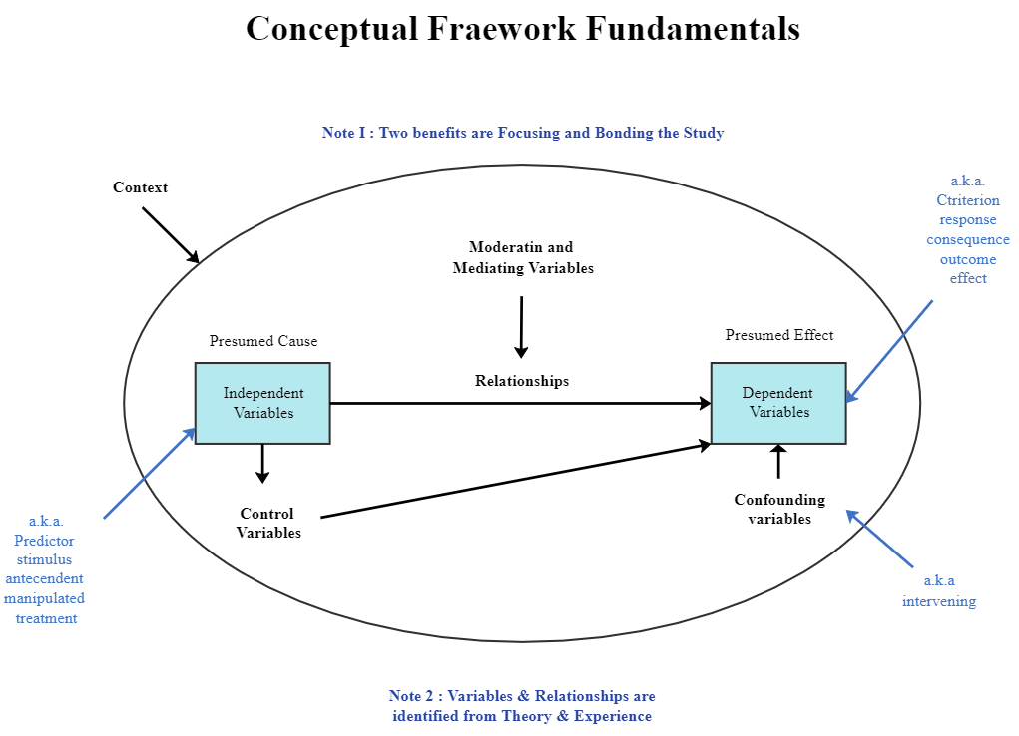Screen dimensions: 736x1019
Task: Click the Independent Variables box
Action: (262, 403)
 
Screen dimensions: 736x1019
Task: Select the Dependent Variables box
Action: (778, 403)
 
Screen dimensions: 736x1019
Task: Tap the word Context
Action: (140, 187)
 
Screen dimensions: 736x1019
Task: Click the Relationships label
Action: (522, 381)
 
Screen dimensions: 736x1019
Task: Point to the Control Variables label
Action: (268, 524)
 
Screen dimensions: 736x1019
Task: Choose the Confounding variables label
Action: (779, 509)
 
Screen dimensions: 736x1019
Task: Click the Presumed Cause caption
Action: (263, 341)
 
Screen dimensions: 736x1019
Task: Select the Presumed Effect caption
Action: (779, 335)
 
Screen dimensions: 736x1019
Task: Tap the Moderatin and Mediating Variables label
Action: (523, 257)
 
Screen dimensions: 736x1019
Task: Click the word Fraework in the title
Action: (502, 28)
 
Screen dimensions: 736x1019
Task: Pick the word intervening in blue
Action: (939, 601)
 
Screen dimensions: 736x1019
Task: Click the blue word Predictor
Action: (44, 541)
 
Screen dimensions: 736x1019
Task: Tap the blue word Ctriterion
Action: (967, 200)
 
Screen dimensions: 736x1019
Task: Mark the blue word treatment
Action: (46, 618)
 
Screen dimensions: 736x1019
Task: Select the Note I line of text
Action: (523, 133)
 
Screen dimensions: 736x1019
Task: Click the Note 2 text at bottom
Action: (522, 706)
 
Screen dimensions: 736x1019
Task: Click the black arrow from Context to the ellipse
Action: (171, 235)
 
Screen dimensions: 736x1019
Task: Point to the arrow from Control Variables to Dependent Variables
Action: (515, 481)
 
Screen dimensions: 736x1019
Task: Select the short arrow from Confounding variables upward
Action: (779, 463)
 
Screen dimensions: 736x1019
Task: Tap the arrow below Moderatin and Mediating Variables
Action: (521, 326)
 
